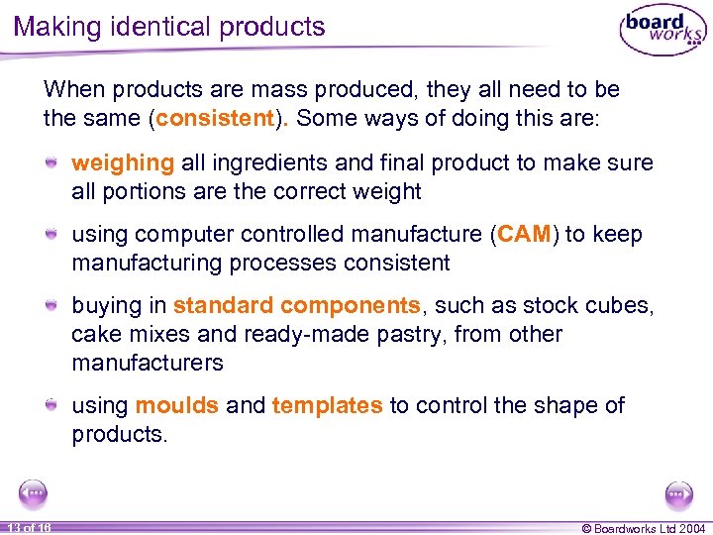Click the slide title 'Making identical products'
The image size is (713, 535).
(x=169, y=27)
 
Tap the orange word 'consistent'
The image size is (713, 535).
(x=213, y=119)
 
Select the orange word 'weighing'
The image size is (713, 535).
(x=123, y=162)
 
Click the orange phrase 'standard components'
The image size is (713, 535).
(x=296, y=306)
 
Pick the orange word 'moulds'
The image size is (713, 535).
(x=177, y=405)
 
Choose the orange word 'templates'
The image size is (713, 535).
(x=327, y=405)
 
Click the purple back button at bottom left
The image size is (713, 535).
(x=33, y=492)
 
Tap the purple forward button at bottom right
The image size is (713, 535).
(x=679, y=492)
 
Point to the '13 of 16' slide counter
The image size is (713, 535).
(x=27, y=527)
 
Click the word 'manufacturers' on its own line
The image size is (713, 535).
(x=148, y=363)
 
